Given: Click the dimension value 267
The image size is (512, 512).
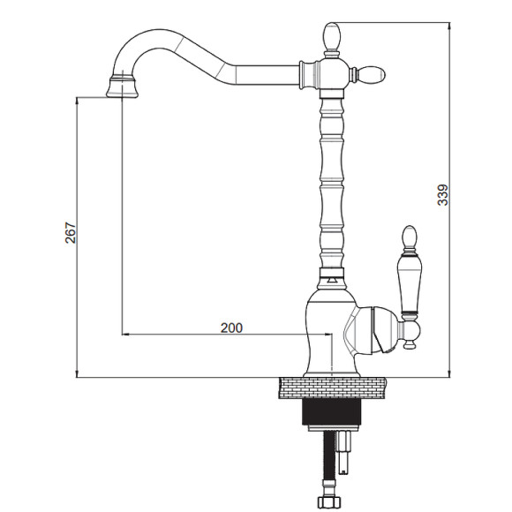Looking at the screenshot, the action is pyautogui.click(x=71, y=233).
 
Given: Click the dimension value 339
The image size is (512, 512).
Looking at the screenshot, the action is pyautogui.click(x=443, y=195).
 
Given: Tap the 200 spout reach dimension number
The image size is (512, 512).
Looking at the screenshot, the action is pyautogui.click(x=231, y=328).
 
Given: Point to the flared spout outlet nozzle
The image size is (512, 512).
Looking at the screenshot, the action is pyautogui.click(x=122, y=87).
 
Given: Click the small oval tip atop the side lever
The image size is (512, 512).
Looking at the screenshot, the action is pyautogui.click(x=410, y=237).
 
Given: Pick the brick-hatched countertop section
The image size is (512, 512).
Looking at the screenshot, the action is pyautogui.click(x=333, y=388).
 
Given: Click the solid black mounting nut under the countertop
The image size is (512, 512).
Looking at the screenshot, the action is pyautogui.click(x=332, y=412).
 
